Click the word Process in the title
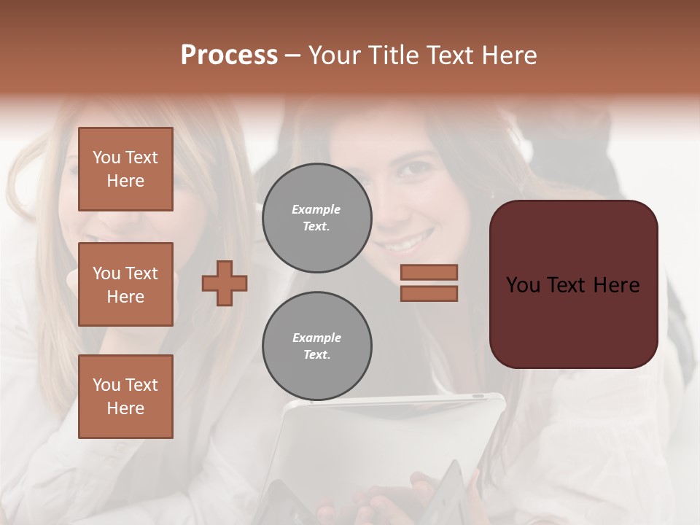click(229, 55)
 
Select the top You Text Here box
click(125, 169)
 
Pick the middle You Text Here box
click(125, 284)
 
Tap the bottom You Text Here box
click(125, 397)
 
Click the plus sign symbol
click(225, 283)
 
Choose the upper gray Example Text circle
click(316, 218)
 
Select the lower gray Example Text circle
click(316, 346)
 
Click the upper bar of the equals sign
click(429, 272)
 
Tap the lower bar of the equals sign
click(429, 293)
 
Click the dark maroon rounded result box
click(573, 321)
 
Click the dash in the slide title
click(293, 55)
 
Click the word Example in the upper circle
click(316, 209)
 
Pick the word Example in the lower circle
click(316, 338)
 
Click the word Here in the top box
click(125, 181)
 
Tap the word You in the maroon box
click(524, 285)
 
